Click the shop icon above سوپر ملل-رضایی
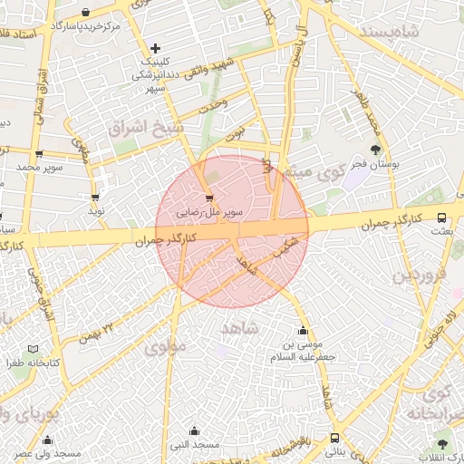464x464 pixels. click(x=210, y=197)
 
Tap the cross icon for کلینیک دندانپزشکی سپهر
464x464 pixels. click(x=156, y=47)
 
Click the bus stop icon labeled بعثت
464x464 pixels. click(x=441, y=217)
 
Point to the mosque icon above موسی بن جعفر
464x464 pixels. click(x=302, y=331)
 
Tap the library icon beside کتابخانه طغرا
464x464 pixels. click(x=34, y=349)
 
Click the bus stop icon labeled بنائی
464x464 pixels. click(x=335, y=437)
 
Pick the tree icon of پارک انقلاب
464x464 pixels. click(x=442, y=443)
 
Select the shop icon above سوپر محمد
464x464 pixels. click(x=39, y=154)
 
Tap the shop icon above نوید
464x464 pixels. click(x=95, y=197)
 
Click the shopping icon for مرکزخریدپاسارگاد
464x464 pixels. click(x=85, y=13)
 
